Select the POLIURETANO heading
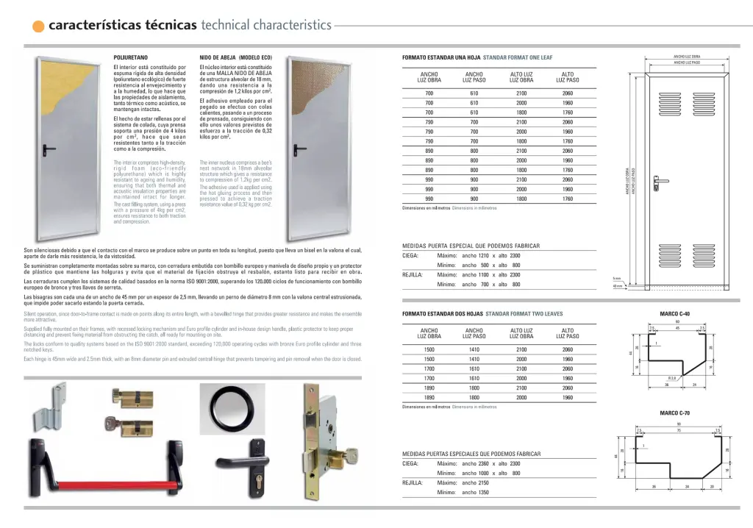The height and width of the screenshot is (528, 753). (130, 57)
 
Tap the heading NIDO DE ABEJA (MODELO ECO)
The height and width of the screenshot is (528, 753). (235, 57)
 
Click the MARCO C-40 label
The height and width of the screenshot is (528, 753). (674, 314)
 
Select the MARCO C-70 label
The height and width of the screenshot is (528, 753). (674, 413)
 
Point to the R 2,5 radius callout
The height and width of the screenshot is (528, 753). (671, 378)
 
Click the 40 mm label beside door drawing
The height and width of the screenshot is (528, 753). (618, 287)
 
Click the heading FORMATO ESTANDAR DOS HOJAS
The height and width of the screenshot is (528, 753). (442, 314)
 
